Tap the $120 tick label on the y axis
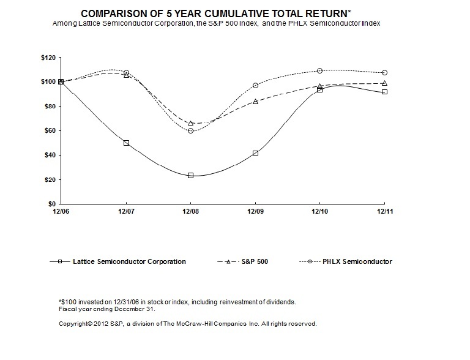47,58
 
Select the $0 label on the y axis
51,204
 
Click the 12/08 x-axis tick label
191,212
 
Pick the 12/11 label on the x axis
384,212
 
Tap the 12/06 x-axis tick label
61,212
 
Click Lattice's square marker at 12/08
191,175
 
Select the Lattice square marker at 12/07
126,143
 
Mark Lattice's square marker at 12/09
255,153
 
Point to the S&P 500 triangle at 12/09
255,101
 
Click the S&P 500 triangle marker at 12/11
384,83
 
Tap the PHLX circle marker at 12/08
191,130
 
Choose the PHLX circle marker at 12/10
320,70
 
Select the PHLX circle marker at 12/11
384,72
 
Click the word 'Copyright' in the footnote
69,323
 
